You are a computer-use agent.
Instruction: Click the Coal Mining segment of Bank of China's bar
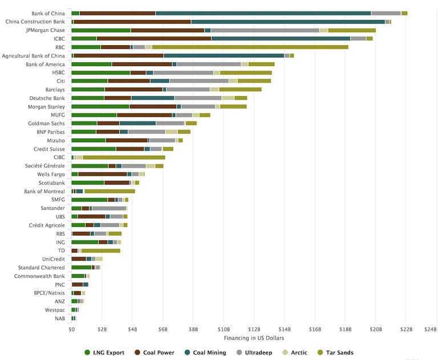click(263, 13)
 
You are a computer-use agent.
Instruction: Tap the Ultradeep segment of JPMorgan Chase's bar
click(265, 30)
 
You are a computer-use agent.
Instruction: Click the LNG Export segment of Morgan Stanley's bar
click(100, 106)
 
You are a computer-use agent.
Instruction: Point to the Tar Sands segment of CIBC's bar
click(124, 157)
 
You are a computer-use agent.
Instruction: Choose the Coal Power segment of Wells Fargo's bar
click(103, 174)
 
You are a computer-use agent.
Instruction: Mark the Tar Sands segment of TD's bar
click(100, 250)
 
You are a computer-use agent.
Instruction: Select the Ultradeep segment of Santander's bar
click(109, 208)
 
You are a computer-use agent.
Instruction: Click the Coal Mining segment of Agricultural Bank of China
click(224, 55)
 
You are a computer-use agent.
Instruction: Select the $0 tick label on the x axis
click(71, 329)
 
